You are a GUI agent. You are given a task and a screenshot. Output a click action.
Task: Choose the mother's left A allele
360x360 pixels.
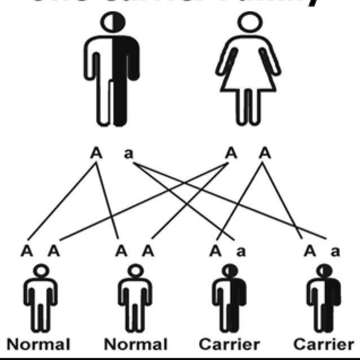point(230,153)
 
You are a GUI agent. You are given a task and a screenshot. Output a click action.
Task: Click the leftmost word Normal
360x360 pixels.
point(38,344)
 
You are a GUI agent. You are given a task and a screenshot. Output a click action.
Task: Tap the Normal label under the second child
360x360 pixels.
point(135,344)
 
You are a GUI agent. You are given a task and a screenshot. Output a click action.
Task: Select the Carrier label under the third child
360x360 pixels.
point(230,344)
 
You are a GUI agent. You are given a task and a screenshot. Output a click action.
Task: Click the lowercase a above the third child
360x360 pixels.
point(241,251)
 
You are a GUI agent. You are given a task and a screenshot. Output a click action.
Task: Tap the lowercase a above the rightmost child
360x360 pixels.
point(335,251)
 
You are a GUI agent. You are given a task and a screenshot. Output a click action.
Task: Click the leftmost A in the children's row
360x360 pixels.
point(26,251)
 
